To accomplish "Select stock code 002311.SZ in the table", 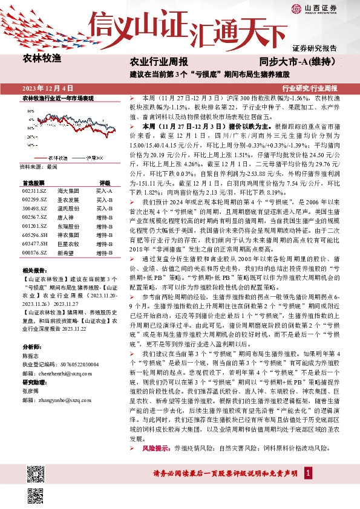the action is coord(34,190).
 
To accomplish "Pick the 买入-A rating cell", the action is coord(105,190).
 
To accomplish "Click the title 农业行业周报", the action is coord(159,62).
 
